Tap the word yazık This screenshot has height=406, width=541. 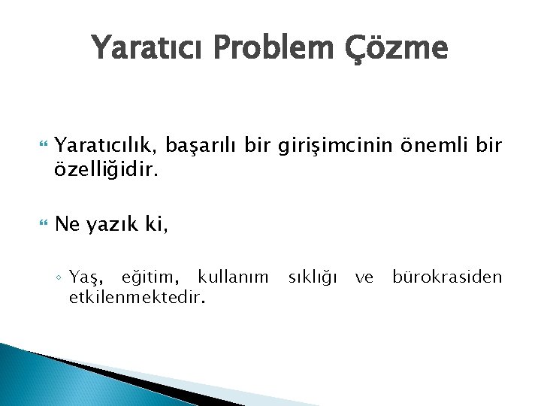tap(131, 224)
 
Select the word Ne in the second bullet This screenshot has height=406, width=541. tap(88, 223)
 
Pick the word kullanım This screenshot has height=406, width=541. tap(232, 277)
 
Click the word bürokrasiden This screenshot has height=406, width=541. tap(447, 277)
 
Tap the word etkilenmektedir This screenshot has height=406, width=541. tap(136, 298)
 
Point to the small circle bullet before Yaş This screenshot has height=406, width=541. tap(59, 279)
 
